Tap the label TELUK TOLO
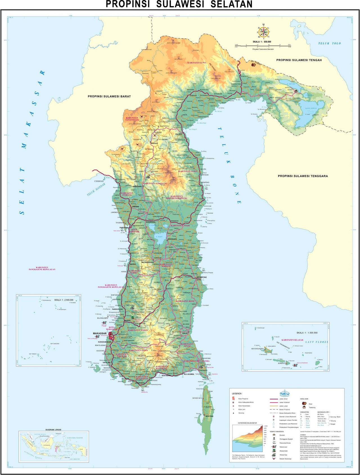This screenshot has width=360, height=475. click(329, 43)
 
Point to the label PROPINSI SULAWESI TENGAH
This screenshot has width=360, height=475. click(299, 60)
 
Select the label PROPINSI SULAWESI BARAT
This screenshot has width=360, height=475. click(109, 96)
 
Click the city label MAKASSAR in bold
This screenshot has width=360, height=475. click(100, 333)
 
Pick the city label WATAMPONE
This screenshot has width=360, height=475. click(202, 277)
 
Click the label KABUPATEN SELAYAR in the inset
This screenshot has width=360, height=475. click(292, 340)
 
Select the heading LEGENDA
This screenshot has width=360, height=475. click(237, 393)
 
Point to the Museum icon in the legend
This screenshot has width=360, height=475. click(274, 435)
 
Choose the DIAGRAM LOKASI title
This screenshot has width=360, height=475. click(53, 430)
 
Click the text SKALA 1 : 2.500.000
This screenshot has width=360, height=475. click(64, 300)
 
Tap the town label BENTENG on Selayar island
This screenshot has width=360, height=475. click(210, 416)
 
